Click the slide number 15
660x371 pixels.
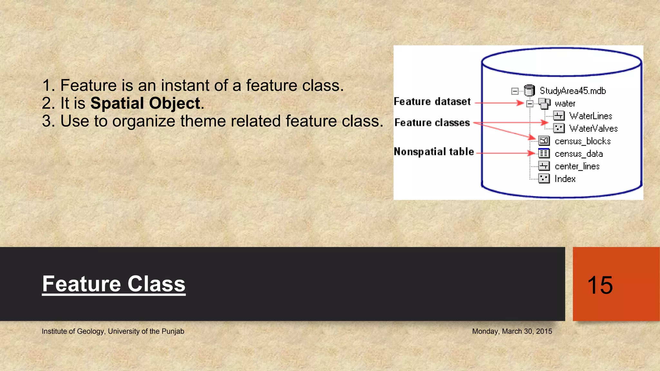click(x=600, y=285)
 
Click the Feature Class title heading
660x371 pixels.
click(x=114, y=284)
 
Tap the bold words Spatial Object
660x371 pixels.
click(x=145, y=103)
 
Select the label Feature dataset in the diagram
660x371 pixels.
click(x=432, y=102)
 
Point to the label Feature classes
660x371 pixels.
click(x=432, y=123)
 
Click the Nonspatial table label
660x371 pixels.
click(x=434, y=152)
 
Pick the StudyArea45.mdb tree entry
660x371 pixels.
click(x=573, y=91)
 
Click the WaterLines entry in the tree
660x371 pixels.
click(x=590, y=116)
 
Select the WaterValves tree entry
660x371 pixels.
click(x=593, y=128)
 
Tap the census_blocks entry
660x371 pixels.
click(x=582, y=141)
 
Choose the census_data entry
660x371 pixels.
click(x=578, y=154)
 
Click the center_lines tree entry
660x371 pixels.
click(x=577, y=166)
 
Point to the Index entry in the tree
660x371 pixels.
click(x=565, y=179)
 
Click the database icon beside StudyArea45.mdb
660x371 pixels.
click(x=529, y=91)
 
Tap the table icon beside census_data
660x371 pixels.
click(x=544, y=153)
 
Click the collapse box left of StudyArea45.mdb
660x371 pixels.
click(x=515, y=91)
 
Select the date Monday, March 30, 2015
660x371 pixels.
click(x=512, y=331)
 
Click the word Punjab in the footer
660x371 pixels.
click(x=173, y=331)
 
